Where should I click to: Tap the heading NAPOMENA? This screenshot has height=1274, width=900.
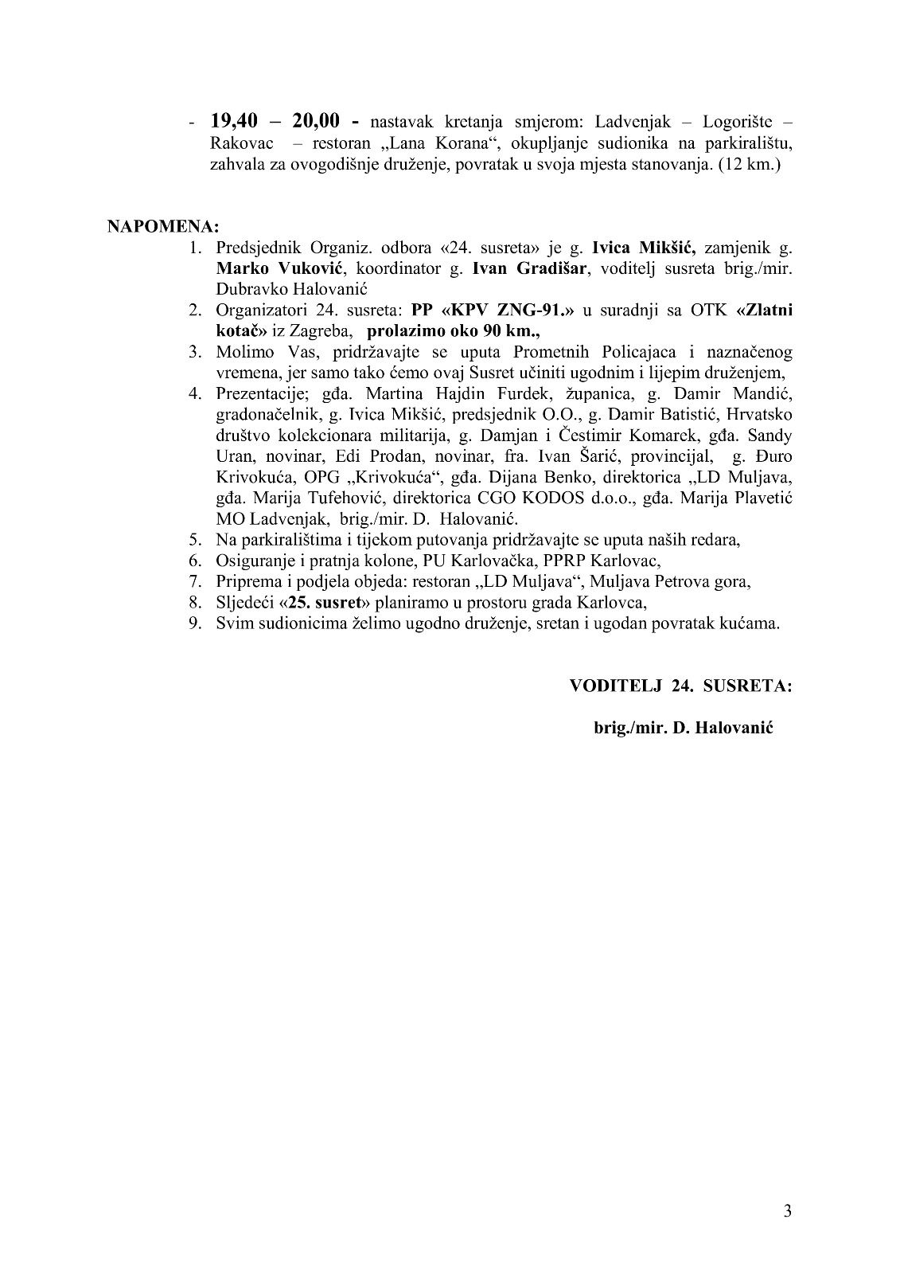pos(163,226)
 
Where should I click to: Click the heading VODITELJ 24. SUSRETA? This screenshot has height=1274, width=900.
pos(680,686)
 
